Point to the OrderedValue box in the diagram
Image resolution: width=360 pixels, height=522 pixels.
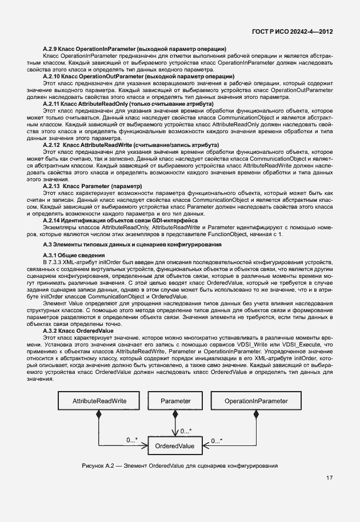(178, 445)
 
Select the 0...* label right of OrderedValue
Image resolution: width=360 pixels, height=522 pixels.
(217, 441)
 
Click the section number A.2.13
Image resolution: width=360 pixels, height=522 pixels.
(53, 186)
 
